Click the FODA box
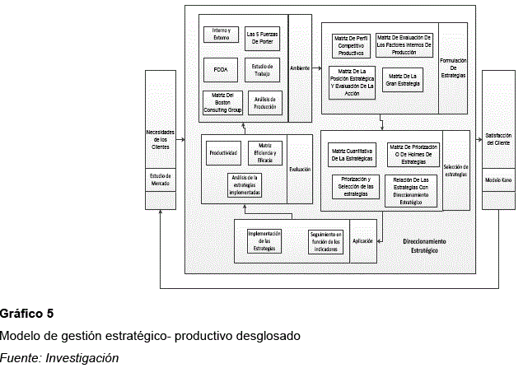coord(221,69)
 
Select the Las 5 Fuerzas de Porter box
coord(263,36)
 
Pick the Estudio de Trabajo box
coord(263,69)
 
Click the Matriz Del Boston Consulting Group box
coord(221,103)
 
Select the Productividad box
coord(224,153)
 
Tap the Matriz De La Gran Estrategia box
coord(403,80)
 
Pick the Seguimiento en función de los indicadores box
coord(326,240)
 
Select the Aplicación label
coord(363,240)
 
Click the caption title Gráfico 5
coord(26,314)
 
